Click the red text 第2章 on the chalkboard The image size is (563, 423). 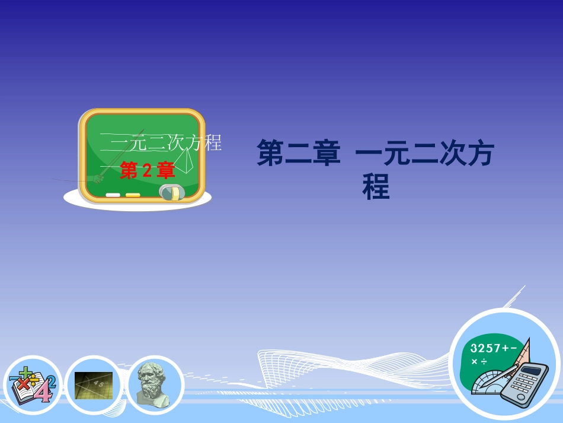[148, 171]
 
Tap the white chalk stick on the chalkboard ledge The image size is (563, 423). [113, 195]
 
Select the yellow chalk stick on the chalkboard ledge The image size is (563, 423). [133, 195]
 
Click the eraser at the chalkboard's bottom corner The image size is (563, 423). [172, 192]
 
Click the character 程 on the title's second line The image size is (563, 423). [376, 187]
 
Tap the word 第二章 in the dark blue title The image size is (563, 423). [298, 153]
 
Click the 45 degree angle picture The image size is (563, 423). [94, 386]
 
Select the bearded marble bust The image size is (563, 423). [155, 384]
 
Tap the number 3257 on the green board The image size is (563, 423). [485, 348]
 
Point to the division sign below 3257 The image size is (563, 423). [484, 361]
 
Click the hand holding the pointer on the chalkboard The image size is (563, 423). [98, 178]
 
